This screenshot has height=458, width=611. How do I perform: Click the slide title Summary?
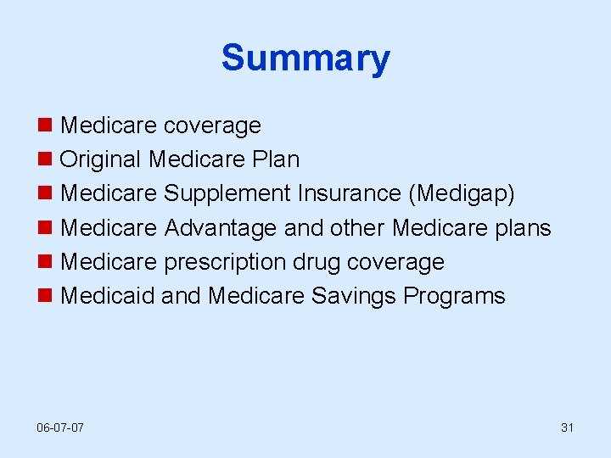(305, 59)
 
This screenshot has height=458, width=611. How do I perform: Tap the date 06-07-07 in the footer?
(61, 427)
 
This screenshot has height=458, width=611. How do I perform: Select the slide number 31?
(567, 427)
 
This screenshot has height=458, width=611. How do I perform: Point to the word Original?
(101, 159)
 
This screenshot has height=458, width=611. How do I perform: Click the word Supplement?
(227, 193)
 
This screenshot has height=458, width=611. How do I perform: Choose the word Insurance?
(350, 193)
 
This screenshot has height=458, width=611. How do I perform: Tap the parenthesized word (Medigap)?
(462, 194)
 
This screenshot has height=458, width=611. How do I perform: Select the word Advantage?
(220, 228)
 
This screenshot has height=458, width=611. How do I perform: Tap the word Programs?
(454, 297)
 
